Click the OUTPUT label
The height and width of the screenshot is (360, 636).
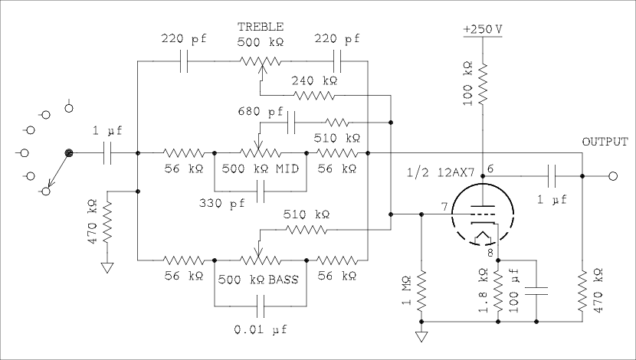(605, 142)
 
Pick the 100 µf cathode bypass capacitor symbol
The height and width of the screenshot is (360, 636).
(536, 292)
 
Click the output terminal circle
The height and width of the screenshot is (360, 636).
(612, 177)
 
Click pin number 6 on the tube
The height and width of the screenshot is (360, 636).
(490, 169)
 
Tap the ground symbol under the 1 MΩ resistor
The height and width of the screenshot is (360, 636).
(421, 335)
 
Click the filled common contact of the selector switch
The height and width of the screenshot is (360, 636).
(70, 154)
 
